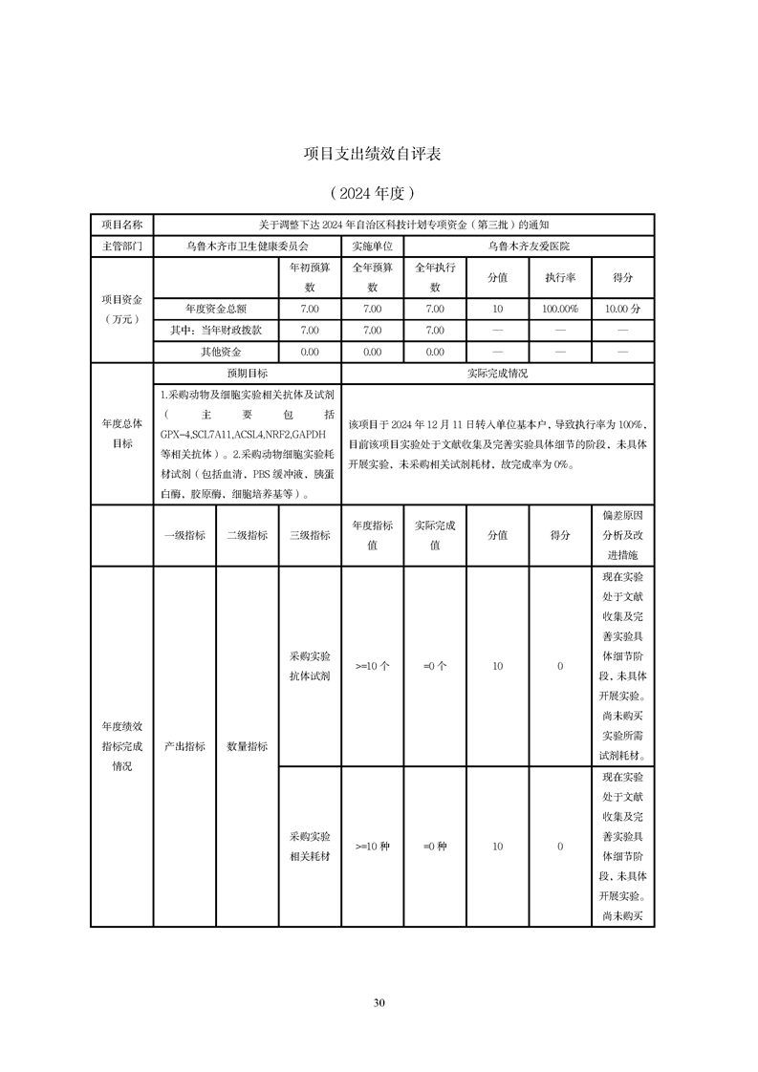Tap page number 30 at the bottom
click(x=379, y=1002)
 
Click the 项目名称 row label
click(x=122, y=225)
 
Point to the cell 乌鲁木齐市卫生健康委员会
click(x=248, y=246)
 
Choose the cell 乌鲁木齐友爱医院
click(x=529, y=246)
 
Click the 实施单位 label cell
click(x=372, y=246)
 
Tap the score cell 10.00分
click(x=623, y=309)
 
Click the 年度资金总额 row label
click(x=217, y=309)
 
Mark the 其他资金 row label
click(x=217, y=352)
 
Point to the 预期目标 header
click(x=248, y=373)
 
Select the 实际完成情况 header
click(x=497, y=373)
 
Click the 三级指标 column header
click(x=310, y=535)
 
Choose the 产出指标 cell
click(x=184, y=746)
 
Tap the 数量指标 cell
click(x=248, y=746)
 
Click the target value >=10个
click(x=372, y=666)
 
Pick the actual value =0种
click(x=435, y=847)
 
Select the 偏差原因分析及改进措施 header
click(x=623, y=535)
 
